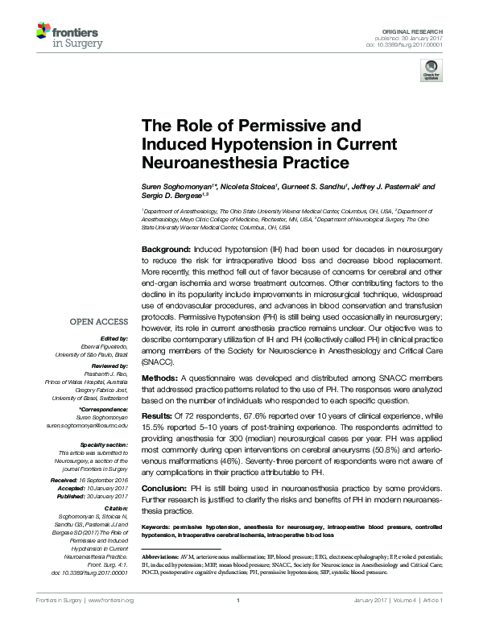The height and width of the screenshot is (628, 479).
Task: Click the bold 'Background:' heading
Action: (165, 251)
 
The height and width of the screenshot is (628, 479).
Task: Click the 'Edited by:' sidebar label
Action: (114, 340)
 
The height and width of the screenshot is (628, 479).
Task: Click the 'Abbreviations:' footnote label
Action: (161, 557)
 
